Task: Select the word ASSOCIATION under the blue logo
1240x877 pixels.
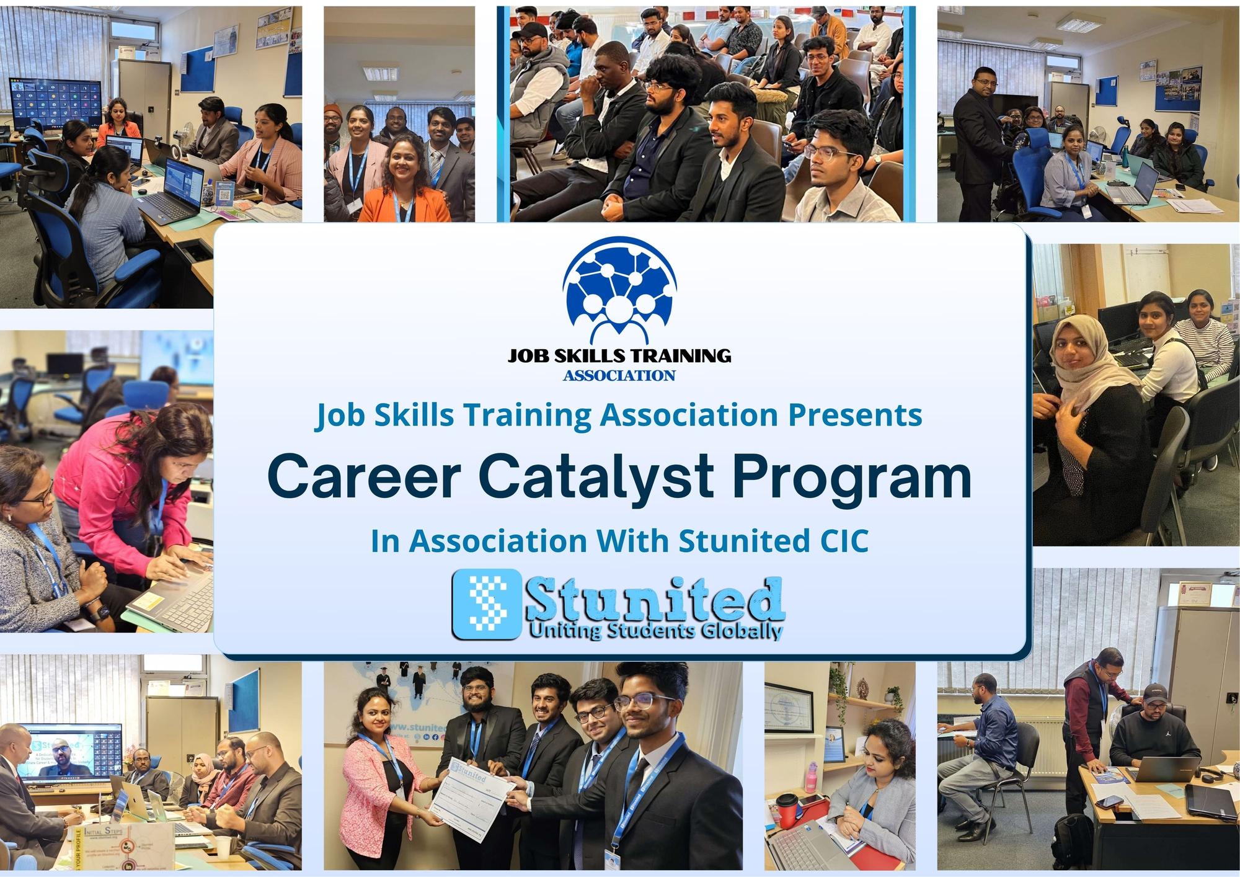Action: tap(619, 375)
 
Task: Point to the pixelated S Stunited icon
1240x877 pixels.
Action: tap(487, 603)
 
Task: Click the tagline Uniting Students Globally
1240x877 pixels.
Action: tap(655, 631)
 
